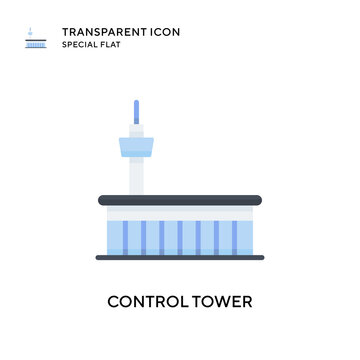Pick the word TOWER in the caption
pos(222,300)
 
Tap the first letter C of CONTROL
pos(113,300)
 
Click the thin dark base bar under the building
pos(180,257)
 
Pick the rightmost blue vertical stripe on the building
pos(236,236)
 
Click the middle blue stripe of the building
pos(179,236)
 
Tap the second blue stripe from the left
pos(143,236)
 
